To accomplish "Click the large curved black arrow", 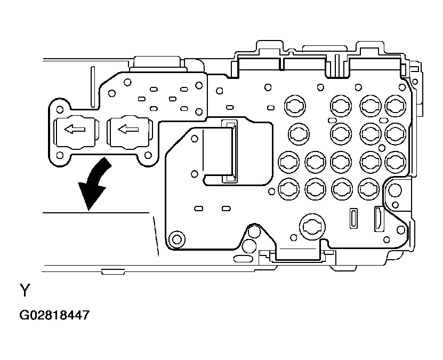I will (x=94, y=184).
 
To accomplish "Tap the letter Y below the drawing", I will (x=25, y=291).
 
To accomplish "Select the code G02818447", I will (x=54, y=315).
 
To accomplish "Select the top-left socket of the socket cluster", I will (x=294, y=107).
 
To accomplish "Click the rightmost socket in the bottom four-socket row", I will (x=368, y=187).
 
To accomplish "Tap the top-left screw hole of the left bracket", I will (x=60, y=109).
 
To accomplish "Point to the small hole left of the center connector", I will (x=194, y=174).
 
